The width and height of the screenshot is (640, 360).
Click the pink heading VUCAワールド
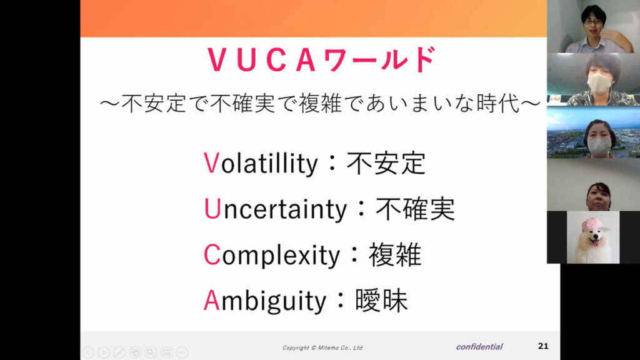[322, 59]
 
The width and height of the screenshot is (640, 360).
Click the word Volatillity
[261, 164]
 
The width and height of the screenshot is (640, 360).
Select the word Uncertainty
[275, 209]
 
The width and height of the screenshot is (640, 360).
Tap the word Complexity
[271, 255]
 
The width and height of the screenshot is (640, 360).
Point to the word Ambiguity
[265, 301]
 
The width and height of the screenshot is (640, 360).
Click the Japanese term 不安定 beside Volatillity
[386, 163]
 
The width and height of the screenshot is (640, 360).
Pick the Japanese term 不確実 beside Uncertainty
[415, 209]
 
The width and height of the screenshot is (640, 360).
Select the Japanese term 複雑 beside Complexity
[395, 255]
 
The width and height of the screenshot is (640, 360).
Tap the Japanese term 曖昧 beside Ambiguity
[381, 301]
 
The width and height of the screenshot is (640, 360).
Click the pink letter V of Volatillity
[211, 164]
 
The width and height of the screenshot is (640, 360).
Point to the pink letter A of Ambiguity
[212, 301]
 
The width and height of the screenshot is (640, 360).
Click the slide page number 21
[543, 346]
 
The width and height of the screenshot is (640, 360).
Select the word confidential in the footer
[479, 346]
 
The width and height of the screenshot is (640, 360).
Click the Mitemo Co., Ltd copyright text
[322, 347]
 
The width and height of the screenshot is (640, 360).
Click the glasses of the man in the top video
[592, 22]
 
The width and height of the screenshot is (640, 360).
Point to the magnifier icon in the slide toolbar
[151, 352]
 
